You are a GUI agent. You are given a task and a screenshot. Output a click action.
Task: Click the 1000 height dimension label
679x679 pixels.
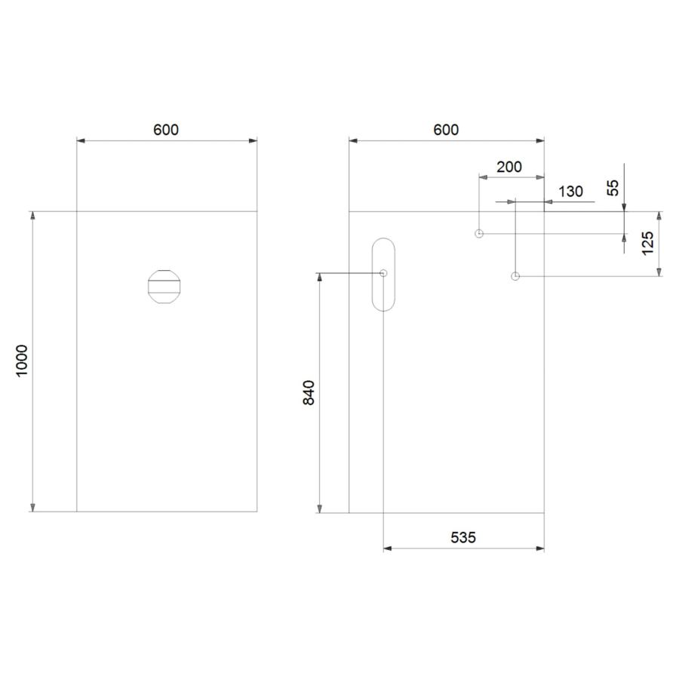[22, 361]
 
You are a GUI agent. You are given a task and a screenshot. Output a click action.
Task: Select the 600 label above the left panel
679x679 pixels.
[166, 130]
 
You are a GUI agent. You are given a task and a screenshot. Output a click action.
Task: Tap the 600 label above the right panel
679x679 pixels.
[446, 130]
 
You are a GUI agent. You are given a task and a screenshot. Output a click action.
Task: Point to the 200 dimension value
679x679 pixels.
[509, 167]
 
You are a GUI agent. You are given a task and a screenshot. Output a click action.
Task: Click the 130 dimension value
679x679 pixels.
[571, 191]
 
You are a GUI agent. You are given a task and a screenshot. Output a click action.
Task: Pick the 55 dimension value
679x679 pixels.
[613, 188]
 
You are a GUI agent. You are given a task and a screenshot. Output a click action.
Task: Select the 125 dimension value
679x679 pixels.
[647, 243]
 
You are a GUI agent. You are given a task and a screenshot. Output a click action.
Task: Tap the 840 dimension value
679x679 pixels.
[309, 392]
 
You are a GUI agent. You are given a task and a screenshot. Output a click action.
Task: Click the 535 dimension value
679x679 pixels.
[463, 537]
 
